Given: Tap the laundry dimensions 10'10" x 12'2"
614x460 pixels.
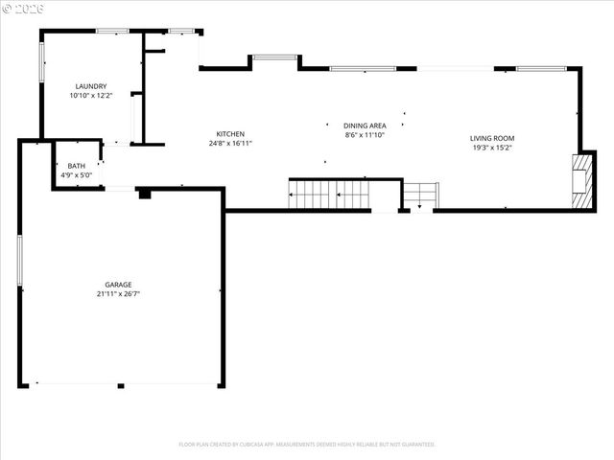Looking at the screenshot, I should pyautogui.click(x=91, y=96).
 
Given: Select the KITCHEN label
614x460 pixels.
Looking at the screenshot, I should pyautogui.click(x=230, y=134).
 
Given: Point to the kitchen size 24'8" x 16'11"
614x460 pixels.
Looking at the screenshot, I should pyautogui.click(x=230, y=144).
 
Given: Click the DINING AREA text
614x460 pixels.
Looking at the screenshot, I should pyautogui.click(x=365, y=126).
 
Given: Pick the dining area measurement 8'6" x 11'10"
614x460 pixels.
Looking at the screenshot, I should pyautogui.click(x=365, y=135).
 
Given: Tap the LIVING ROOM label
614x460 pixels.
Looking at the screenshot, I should pyautogui.click(x=492, y=138).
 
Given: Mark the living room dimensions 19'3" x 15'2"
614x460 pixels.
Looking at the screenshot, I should pyautogui.click(x=492, y=148).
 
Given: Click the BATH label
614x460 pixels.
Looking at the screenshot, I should pyautogui.click(x=76, y=166).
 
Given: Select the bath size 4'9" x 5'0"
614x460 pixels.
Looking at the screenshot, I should pyautogui.click(x=76, y=175).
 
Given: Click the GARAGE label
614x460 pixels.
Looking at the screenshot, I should pyautogui.click(x=119, y=284).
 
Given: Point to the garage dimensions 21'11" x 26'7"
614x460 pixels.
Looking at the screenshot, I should pyautogui.click(x=119, y=293).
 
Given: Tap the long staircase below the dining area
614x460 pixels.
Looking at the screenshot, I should pyautogui.click(x=329, y=195).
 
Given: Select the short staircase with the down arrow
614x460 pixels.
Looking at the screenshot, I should pyautogui.click(x=420, y=195).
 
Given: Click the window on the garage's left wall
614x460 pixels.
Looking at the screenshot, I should pyautogui.click(x=19, y=260).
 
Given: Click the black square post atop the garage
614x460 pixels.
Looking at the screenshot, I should pyautogui.click(x=144, y=194).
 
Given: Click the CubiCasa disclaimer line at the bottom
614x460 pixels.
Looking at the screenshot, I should pyautogui.click(x=307, y=445).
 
